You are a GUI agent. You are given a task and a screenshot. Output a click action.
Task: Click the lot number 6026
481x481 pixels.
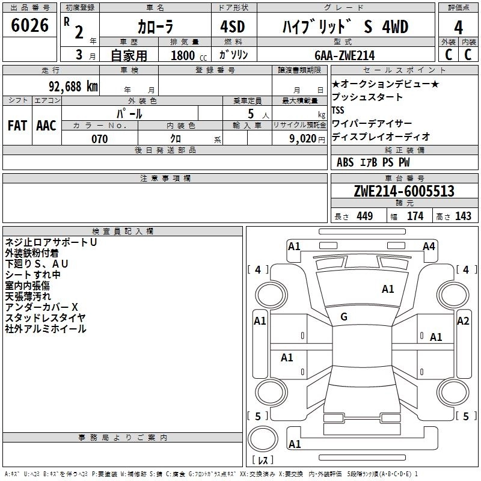click(29, 25)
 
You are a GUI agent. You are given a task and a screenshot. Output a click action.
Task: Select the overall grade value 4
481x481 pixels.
click(458, 28)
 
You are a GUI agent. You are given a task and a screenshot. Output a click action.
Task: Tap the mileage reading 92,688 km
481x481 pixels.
click(73, 87)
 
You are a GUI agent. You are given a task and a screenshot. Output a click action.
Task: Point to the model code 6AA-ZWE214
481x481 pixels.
click(345, 55)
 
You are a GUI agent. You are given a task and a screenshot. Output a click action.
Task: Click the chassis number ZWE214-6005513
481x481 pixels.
click(404, 191)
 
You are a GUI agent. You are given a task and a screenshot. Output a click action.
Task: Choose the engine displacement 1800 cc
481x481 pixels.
click(189, 55)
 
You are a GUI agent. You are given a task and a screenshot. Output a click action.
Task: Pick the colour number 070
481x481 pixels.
click(100, 139)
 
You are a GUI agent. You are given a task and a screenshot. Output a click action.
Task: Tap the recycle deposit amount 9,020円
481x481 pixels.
click(307, 139)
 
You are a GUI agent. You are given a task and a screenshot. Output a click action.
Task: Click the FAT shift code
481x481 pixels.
click(17, 126)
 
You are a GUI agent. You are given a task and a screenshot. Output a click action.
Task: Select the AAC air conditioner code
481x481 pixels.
click(46, 126)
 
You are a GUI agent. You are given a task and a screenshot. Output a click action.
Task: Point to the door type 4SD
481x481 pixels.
click(233, 26)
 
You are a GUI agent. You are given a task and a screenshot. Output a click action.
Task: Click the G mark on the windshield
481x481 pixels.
click(344, 317)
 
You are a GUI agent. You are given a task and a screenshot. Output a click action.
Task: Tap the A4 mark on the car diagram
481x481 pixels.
click(429, 247)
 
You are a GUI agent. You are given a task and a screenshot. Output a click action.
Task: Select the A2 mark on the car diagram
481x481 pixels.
click(463, 321)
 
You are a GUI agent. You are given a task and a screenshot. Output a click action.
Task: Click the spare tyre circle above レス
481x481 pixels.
click(263, 438)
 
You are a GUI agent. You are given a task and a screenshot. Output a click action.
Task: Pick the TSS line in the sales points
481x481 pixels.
click(338, 110)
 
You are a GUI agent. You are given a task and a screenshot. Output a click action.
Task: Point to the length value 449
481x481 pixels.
click(365, 216)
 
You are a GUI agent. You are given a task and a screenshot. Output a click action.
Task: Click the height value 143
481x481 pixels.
click(463, 216)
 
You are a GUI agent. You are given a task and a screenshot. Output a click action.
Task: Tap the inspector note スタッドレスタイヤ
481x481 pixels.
click(45, 318)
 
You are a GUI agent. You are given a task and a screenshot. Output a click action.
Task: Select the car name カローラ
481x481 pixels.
click(155, 26)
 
